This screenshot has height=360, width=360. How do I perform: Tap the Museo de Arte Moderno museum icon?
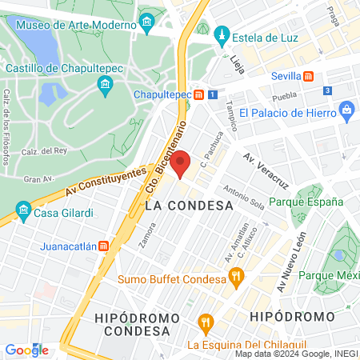(146, 23)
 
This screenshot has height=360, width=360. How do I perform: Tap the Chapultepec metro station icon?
(198, 95)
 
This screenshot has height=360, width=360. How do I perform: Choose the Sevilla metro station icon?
(308, 76)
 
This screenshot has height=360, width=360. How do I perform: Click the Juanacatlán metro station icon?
(103, 246)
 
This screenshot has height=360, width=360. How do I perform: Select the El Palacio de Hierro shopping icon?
(346, 109)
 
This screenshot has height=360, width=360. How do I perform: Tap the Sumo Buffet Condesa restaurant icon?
(235, 278)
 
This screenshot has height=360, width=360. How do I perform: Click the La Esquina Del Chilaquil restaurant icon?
(207, 325)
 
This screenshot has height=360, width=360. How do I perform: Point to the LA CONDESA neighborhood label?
(189, 206)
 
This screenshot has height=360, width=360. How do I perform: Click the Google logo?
(26, 350)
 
